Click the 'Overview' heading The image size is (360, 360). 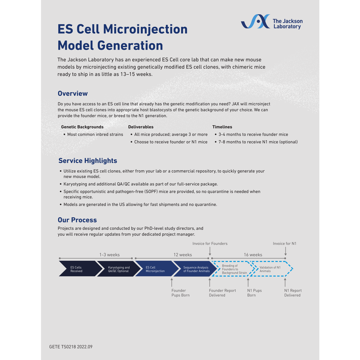[73, 94]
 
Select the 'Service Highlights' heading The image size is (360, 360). [88, 161]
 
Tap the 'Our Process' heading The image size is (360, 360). [77, 220]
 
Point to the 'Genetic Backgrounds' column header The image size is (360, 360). [82, 127]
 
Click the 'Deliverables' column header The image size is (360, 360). [141, 127]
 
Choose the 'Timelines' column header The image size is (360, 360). [222, 127]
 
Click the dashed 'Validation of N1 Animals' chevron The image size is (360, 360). [271, 269]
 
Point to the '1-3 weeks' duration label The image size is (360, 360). [109, 255]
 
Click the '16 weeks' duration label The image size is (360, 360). [253, 255]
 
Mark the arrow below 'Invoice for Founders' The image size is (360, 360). [210, 251]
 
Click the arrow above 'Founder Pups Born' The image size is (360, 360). [172, 282]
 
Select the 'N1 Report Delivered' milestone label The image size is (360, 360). [293, 293]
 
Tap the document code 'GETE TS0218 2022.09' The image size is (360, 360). [71, 347]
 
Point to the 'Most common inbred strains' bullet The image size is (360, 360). [95, 135]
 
